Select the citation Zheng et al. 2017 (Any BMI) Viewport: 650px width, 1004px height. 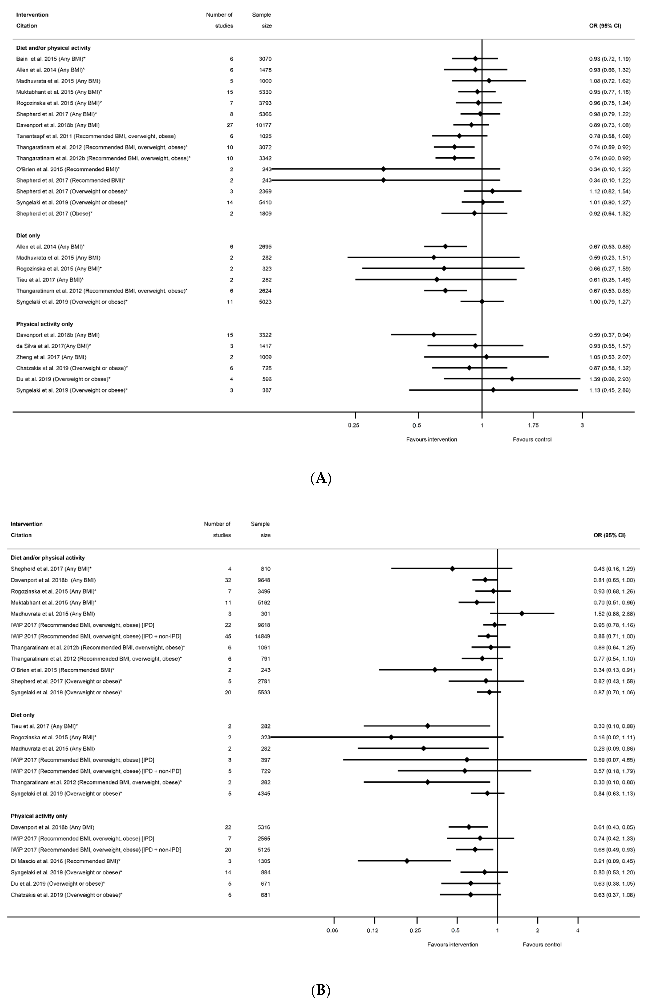tap(51, 357)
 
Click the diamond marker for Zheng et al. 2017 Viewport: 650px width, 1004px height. tap(486, 357)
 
